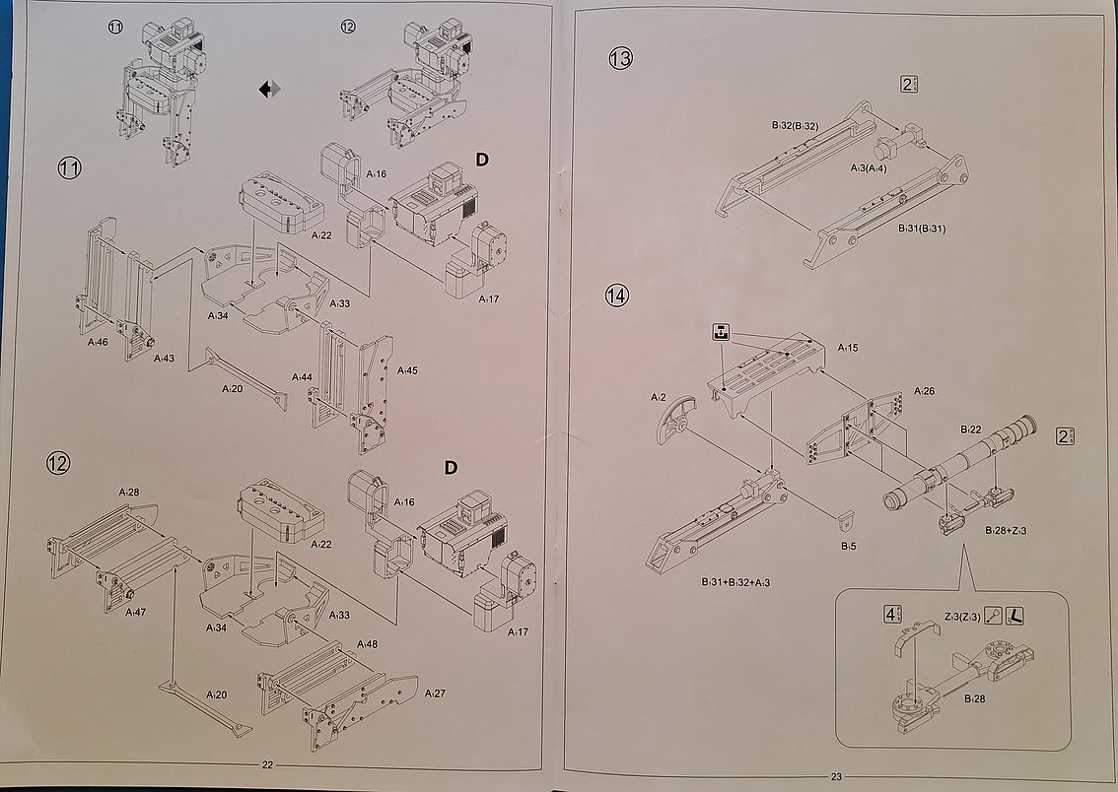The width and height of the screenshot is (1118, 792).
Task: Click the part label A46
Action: click(97, 342)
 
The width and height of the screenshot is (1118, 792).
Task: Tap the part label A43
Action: click(164, 358)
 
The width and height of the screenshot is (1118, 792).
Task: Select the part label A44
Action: click(303, 377)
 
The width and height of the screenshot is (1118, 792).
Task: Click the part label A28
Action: click(129, 491)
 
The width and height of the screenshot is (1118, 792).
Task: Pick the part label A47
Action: click(136, 612)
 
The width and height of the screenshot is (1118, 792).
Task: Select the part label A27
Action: click(435, 693)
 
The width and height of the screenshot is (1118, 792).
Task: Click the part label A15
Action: click(848, 348)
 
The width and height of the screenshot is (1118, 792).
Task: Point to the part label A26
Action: click(924, 391)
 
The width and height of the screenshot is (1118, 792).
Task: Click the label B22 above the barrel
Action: click(971, 429)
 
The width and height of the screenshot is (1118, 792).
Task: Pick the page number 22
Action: click(267, 765)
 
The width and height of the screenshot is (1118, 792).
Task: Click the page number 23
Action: click(837, 774)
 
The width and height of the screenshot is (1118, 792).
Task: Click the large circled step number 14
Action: click(617, 295)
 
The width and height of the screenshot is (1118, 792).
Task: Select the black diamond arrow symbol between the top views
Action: click(269, 90)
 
